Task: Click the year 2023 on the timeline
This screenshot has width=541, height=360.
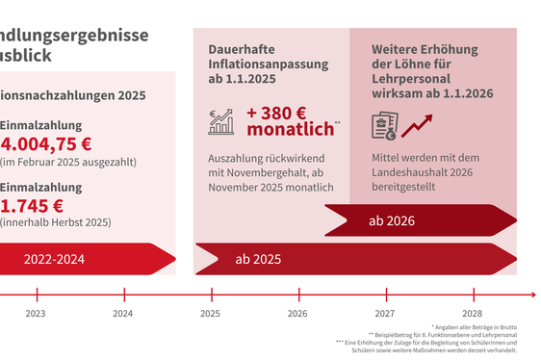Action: (x=35, y=314)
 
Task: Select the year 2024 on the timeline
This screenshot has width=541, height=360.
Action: (x=122, y=314)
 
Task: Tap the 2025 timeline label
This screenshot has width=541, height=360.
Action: (x=210, y=314)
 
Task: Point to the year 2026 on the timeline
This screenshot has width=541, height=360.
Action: (x=297, y=314)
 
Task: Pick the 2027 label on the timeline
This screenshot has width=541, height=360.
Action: (x=385, y=314)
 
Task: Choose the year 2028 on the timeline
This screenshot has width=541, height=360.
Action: (x=473, y=314)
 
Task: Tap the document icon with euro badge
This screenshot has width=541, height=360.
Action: (x=384, y=125)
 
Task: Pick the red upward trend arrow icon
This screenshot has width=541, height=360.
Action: (x=418, y=125)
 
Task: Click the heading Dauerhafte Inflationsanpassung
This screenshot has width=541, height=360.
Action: (x=269, y=57)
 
